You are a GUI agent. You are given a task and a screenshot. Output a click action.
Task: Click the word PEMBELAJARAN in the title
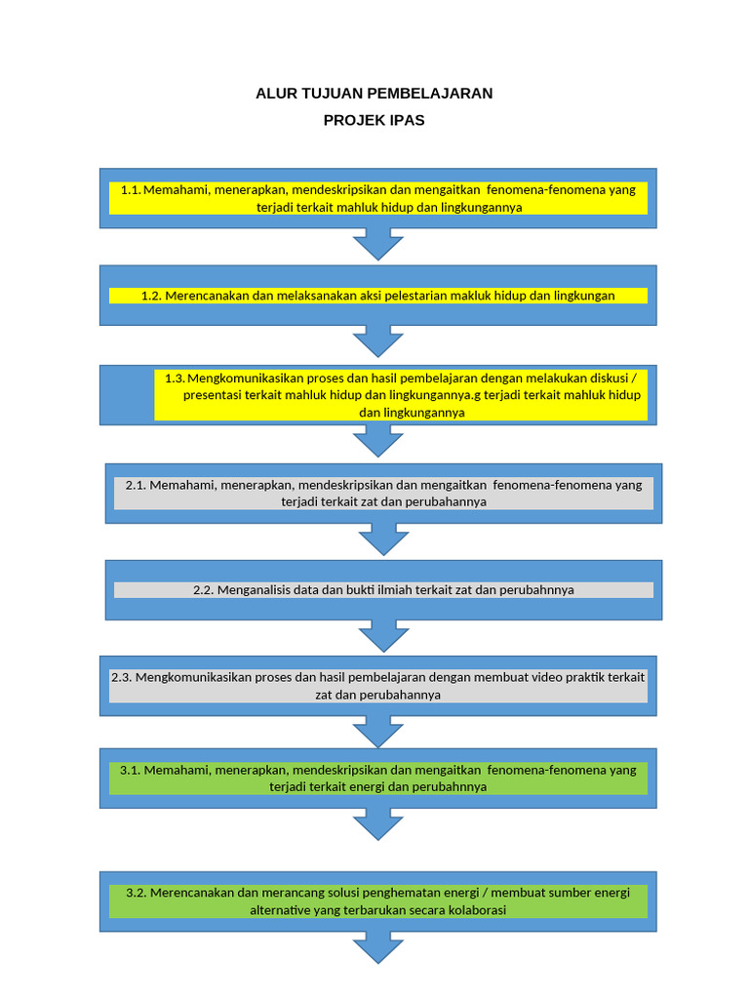[430, 94]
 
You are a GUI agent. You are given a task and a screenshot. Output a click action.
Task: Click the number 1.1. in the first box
[131, 190]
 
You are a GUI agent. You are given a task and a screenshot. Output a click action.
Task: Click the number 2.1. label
[136, 484]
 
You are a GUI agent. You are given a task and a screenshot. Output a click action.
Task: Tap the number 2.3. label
[121, 677]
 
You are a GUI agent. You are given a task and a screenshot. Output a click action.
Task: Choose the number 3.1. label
[131, 770]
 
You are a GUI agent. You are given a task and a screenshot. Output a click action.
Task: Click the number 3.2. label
[136, 893]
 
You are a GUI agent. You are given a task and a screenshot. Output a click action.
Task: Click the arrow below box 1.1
[377, 243]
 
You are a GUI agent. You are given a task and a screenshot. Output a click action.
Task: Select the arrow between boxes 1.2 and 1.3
[377, 340]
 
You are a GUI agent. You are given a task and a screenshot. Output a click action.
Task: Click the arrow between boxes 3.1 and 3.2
[377, 824]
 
